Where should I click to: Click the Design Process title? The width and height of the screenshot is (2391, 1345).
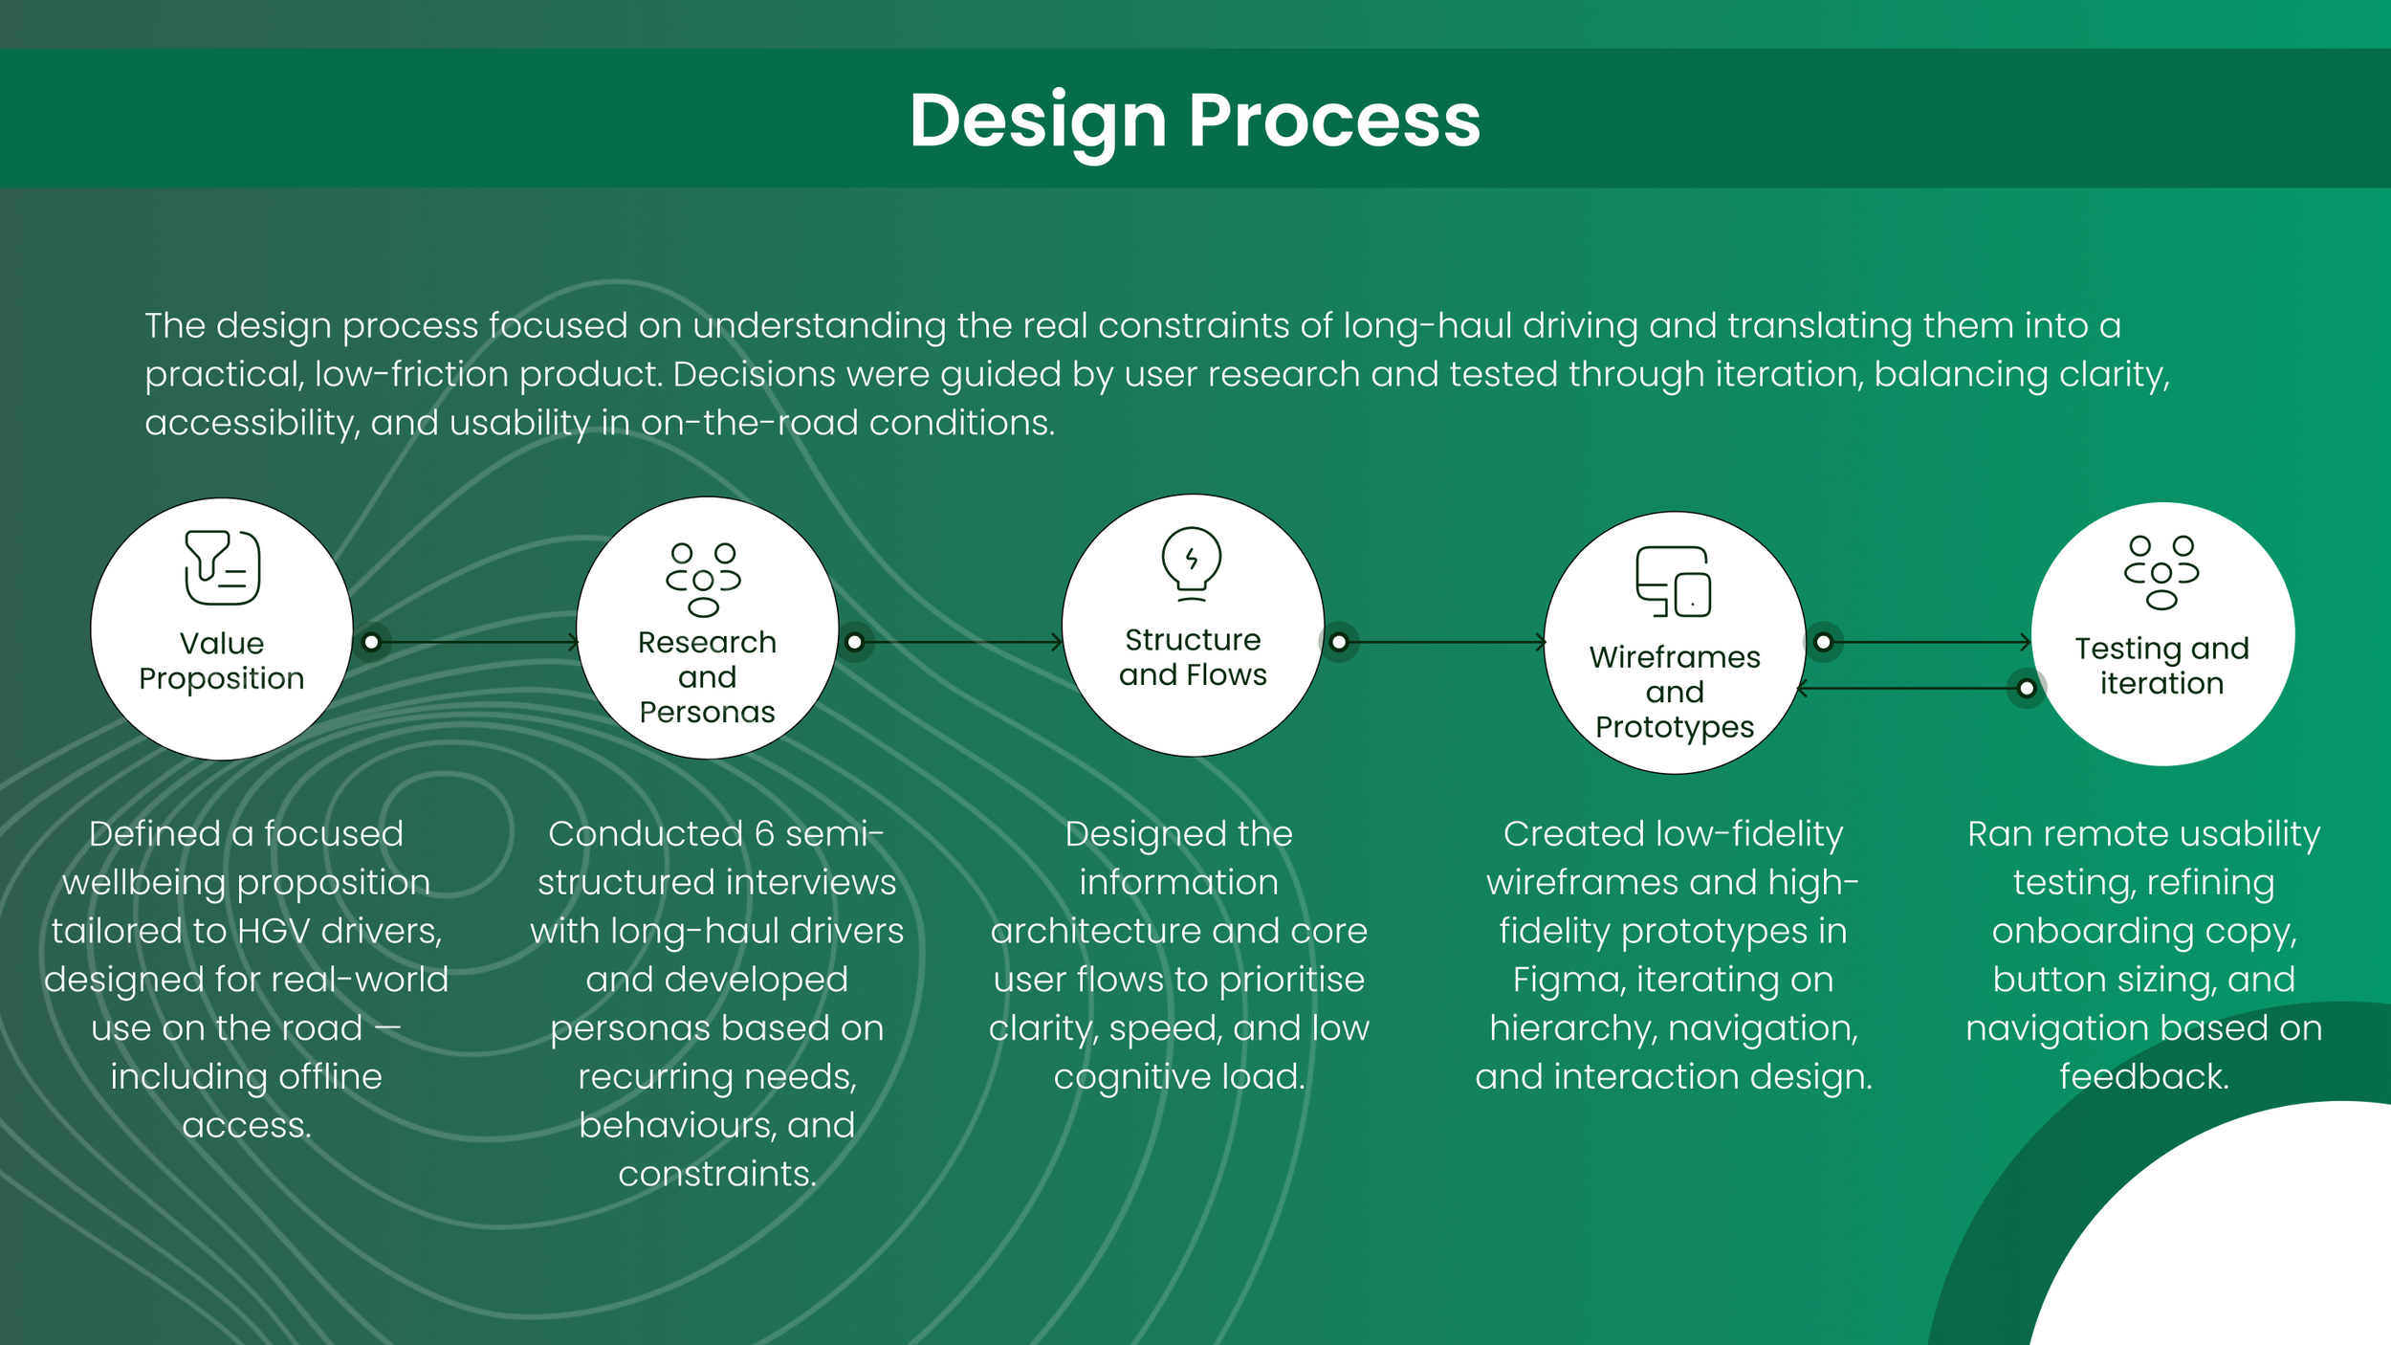click(x=1195, y=121)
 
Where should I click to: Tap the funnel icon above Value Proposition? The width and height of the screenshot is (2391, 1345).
click(x=222, y=567)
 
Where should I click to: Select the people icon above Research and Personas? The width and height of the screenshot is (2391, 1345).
click(x=703, y=580)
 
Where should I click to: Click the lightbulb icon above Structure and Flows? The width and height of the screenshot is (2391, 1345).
click(x=1191, y=563)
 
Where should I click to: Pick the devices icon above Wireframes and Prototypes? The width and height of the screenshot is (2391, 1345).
click(x=1673, y=582)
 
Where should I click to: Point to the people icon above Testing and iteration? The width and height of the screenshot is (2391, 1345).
click(x=2161, y=573)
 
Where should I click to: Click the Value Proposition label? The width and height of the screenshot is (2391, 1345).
click(x=222, y=661)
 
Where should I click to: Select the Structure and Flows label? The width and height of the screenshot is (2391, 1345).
click(x=1193, y=657)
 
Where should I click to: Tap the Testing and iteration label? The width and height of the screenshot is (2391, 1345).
click(x=2161, y=666)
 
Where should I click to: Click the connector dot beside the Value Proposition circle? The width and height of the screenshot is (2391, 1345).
click(x=372, y=642)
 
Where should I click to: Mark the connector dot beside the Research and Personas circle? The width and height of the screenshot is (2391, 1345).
click(x=855, y=642)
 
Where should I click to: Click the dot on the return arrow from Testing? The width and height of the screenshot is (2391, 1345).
click(x=2026, y=688)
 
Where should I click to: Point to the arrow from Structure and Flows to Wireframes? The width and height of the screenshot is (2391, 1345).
click(x=1444, y=642)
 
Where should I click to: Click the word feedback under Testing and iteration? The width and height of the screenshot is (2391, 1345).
click(x=2143, y=1077)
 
